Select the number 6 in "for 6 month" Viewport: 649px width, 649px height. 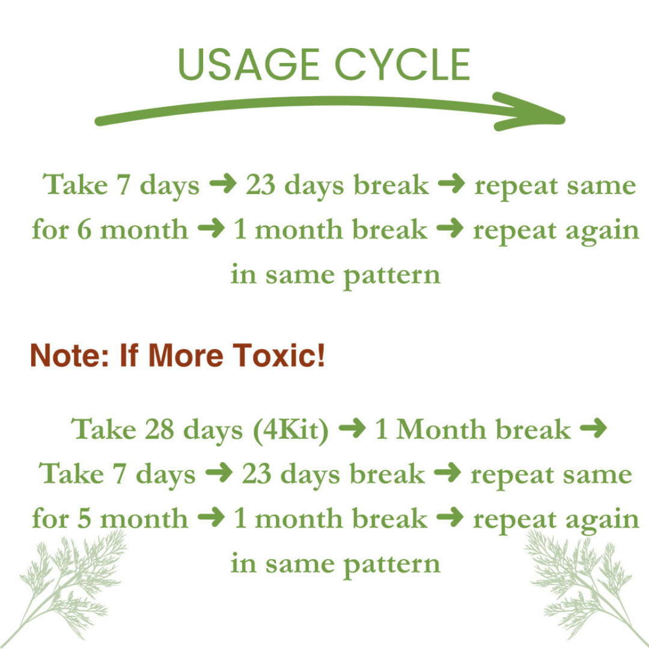(84, 230)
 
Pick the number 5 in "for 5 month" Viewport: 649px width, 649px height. (84, 518)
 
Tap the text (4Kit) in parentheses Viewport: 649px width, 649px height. (291, 430)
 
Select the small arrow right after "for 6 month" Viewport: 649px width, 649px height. (210, 230)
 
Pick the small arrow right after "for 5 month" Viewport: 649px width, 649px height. (210, 518)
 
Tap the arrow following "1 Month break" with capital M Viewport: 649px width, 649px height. (594, 429)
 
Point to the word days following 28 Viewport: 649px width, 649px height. (212, 430)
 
